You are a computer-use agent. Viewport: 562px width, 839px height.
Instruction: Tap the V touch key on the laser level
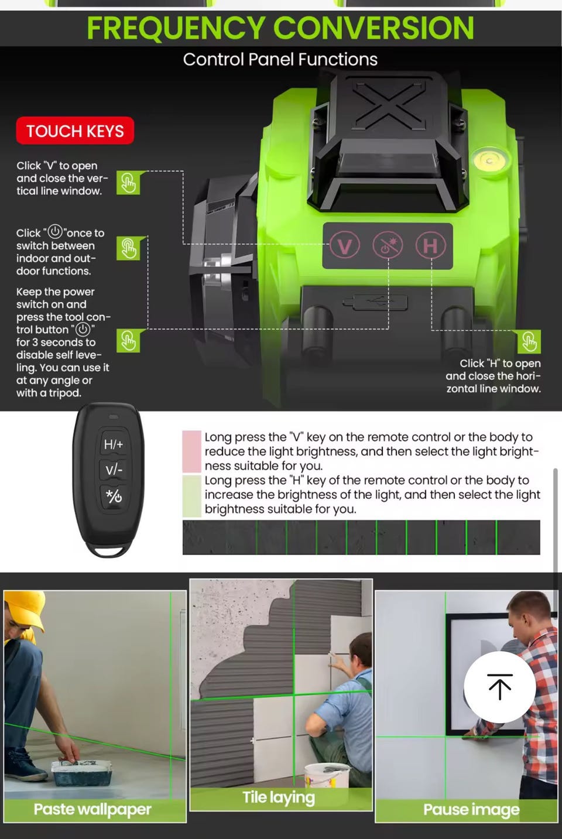click(344, 246)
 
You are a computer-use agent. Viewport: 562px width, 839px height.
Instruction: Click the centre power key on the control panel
click(388, 246)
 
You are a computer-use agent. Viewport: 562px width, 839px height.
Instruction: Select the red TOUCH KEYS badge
click(75, 131)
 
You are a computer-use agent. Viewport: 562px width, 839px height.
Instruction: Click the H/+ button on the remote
click(114, 444)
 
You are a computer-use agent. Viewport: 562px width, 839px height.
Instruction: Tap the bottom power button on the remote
click(114, 496)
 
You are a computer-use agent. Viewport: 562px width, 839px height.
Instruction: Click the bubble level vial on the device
click(489, 161)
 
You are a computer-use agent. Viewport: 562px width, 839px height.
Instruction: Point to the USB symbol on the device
click(375, 302)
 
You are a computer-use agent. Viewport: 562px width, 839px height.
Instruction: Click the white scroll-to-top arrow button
click(500, 687)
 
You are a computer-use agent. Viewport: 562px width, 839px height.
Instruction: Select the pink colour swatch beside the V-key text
click(191, 451)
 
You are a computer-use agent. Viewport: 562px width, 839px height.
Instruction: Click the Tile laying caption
click(279, 797)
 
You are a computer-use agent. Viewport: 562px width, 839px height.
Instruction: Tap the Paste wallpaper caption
click(92, 809)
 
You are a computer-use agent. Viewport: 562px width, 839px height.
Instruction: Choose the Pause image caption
click(471, 810)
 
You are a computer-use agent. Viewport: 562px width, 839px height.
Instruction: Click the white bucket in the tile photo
click(327, 776)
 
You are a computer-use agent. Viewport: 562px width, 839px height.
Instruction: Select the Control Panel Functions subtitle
click(280, 60)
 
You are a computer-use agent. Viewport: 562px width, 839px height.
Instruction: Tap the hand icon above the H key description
click(529, 341)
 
